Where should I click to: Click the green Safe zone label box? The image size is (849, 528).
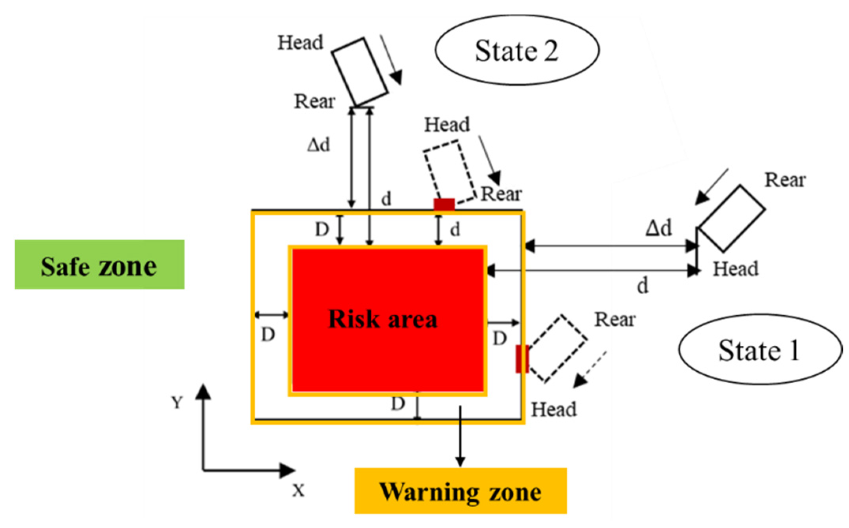99,264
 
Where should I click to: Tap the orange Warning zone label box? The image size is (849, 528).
460,491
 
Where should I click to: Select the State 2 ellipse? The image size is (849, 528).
517,50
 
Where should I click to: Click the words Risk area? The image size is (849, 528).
383,319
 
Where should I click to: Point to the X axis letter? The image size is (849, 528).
299,491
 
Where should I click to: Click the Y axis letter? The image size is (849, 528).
177,403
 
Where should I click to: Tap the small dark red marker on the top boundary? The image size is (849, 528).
444,204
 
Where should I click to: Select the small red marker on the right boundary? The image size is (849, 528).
522,359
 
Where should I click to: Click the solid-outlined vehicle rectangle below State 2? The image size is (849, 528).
360,71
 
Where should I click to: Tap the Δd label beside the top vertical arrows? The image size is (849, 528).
318,145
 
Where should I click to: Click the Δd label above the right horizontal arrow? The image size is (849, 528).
658,228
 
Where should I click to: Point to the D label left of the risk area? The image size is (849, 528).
268,335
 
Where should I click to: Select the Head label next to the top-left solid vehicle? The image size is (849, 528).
300,43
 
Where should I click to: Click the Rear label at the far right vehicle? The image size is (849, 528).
785,180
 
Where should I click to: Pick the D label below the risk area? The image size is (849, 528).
398,404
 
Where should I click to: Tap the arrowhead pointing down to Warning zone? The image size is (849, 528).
460,461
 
